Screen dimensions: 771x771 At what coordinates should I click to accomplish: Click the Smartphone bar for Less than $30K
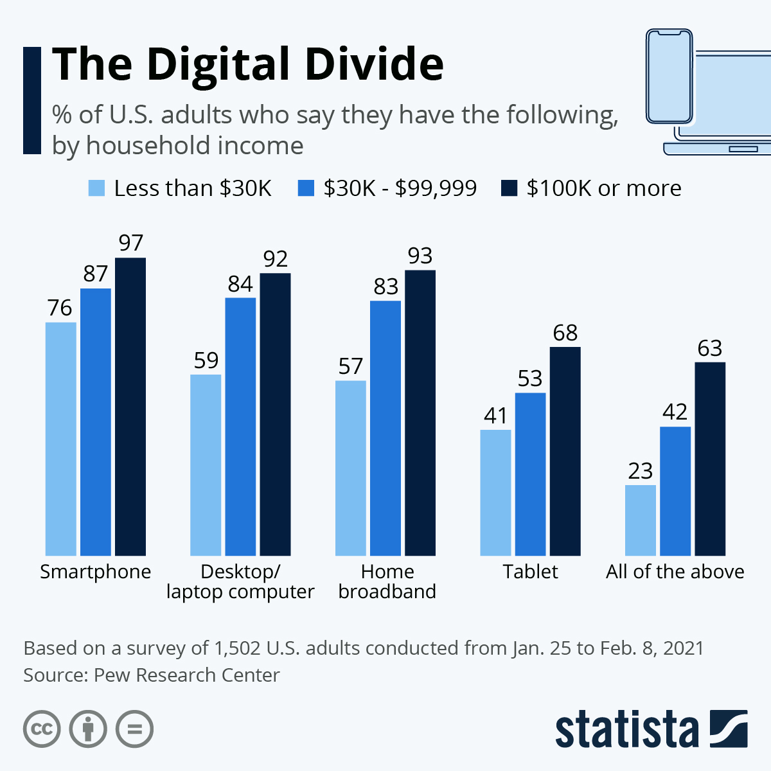click(61, 438)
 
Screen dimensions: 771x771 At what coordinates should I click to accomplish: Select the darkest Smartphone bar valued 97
click(130, 406)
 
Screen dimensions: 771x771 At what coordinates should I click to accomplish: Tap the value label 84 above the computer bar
click(240, 284)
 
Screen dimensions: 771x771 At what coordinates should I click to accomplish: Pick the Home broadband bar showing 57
click(351, 468)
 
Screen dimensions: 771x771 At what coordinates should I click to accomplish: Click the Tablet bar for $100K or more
click(565, 451)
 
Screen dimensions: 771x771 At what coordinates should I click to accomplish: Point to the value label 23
click(640, 472)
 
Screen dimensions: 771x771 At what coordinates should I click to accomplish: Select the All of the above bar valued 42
click(675, 491)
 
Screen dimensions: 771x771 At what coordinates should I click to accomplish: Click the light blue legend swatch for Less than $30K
click(96, 188)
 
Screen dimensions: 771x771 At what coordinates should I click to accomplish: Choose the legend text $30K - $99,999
click(400, 188)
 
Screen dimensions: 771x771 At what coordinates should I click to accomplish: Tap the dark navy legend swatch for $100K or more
click(509, 188)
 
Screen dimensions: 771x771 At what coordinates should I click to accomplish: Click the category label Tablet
click(530, 571)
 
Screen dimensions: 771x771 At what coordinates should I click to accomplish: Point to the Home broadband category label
click(387, 581)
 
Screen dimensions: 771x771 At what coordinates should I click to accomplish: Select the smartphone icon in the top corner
click(669, 76)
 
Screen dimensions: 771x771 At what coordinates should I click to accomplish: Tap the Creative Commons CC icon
click(42, 729)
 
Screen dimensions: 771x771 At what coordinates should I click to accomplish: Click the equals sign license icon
click(134, 729)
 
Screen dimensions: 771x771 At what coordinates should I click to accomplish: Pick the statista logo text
click(626, 730)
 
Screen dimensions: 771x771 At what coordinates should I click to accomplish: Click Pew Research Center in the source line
click(186, 675)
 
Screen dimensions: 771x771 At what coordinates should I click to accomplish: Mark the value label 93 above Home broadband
click(420, 256)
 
